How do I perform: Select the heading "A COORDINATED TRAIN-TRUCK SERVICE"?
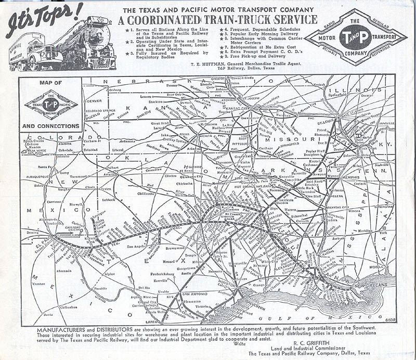click(x=217, y=20)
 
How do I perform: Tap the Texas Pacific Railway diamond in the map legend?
click(x=50, y=104)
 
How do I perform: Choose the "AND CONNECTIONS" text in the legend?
click(x=51, y=126)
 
